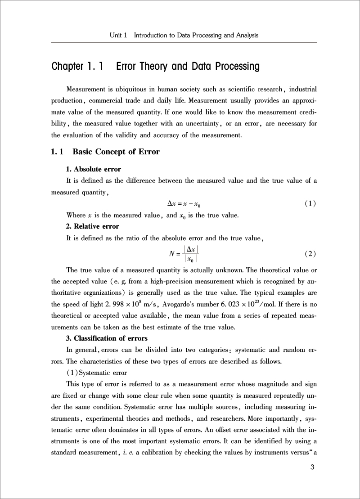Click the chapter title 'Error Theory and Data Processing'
tap(188, 67)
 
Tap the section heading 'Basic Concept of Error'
tap(116, 152)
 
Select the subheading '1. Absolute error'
tap(93, 169)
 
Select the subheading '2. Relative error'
tap(92, 226)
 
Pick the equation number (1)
tap(310, 203)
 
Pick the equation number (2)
tap(310, 254)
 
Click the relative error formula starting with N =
tap(184, 254)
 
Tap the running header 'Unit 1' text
tap(118, 35)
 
